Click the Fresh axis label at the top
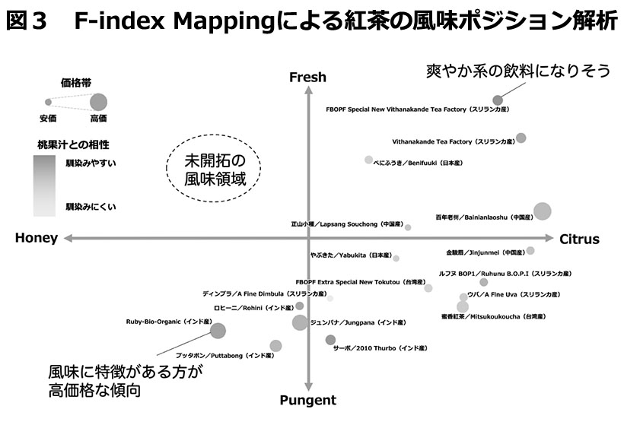click(307, 77)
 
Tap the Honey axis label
click(37, 239)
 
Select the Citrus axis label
click(579, 239)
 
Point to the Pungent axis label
click(307, 401)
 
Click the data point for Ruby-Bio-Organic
click(218, 331)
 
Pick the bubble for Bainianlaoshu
click(542, 211)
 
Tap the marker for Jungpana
click(300, 322)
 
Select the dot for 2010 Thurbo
click(330, 340)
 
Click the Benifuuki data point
click(369, 160)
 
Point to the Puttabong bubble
click(275, 346)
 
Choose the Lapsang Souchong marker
click(408, 227)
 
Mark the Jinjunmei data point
click(530, 250)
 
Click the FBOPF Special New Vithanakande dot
click(498, 100)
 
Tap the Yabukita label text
click(351, 255)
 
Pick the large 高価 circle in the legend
click(99, 102)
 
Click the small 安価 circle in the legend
click(47, 102)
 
